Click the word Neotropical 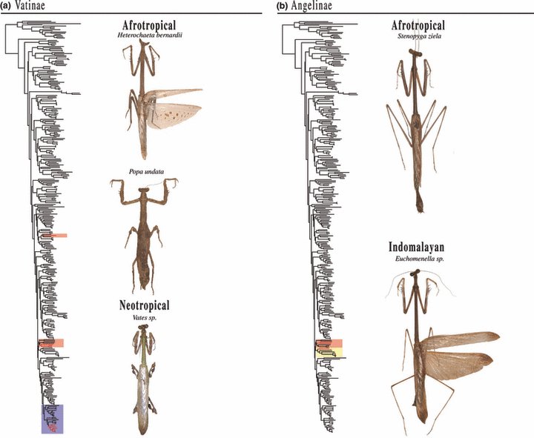pyautogui.click(x=145, y=305)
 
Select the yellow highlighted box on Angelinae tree pyautogui.click(x=327, y=354)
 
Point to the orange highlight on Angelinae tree pyautogui.click(x=327, y=343)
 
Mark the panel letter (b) pyautogui.click(x=282, y=6)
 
